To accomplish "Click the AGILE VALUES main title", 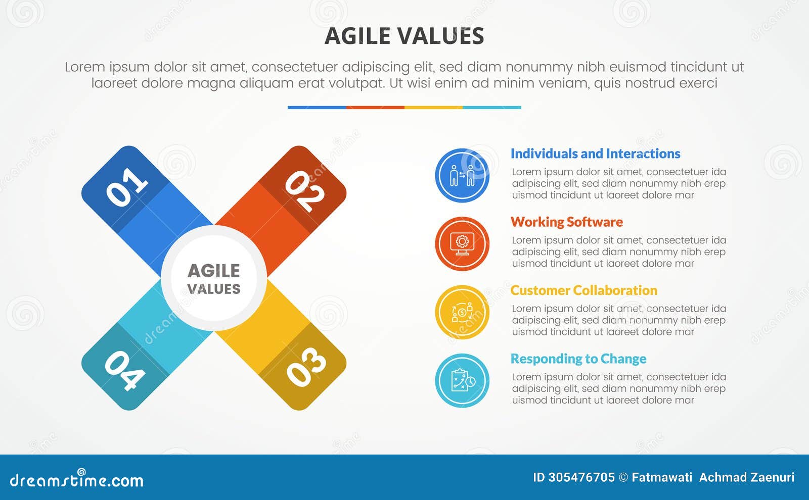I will click(x=404, y=36).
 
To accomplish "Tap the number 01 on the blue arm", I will click(x=127, y=187).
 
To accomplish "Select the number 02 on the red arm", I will click(x=304, y=190).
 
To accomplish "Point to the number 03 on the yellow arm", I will click(x=305, y=367).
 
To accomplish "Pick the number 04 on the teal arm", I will click(x=124, y=371).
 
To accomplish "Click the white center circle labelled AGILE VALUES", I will click(x=214, y=278).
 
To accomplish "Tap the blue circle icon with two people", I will click(x=462, y=175).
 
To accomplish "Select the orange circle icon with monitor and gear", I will click(x=462, y=243).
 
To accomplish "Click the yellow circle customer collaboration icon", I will click(x=462, y=312).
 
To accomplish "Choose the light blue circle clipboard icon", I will click(x=462, y=380).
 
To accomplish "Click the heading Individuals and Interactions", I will click(x=595, y=154).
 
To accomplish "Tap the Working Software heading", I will click(x=566, y=222).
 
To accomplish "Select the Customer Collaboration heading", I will click(x=583, y=290).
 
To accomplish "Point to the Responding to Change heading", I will click(x=578, y=359).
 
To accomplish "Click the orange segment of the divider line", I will click(x=375, y=108).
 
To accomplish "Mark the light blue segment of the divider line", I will click(x=491, y=108).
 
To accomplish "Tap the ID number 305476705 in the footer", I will click(x=581, y=477).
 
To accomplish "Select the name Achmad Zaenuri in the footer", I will click(x=746, y=477).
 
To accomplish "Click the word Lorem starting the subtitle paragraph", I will click(x=84, y=67).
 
